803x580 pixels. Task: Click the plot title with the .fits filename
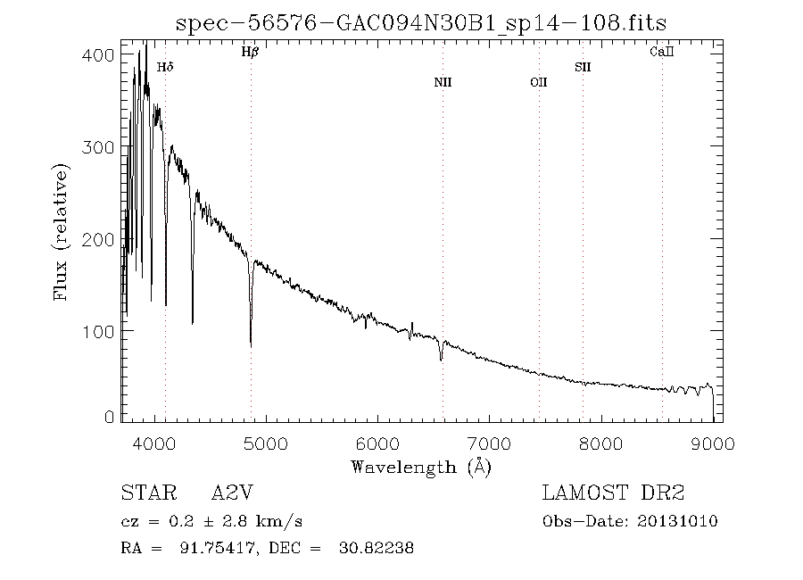tap(421, 21)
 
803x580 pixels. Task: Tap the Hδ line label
tap(165, 67)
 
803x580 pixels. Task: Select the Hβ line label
tap(250, 53)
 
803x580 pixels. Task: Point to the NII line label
tap(443, 82)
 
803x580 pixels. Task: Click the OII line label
tap(538, 82)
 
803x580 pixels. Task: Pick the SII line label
tap(583, 67)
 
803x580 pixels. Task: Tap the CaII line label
tap(662, 53)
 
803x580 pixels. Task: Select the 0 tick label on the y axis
tap(109, 417)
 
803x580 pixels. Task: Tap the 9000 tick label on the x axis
tap(712, 443)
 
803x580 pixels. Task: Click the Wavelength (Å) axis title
tap(421, 467)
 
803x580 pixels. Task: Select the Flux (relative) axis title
tap(62, 231)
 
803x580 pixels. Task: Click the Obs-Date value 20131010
tap(680, 522)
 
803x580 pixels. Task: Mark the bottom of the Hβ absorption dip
tap(251, 344)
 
